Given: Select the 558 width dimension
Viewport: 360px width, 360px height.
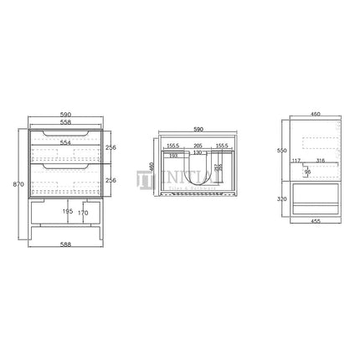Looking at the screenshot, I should (65, 119).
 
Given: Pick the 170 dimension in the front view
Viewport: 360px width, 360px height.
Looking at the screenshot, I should (81, 213).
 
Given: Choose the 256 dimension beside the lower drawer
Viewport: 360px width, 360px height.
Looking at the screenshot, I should (111, 179).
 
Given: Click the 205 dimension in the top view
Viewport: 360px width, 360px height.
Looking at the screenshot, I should (198, 145).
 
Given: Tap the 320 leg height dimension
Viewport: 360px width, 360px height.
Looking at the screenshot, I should (283, 200).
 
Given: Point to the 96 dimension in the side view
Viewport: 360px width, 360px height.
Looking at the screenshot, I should (306, 172).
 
